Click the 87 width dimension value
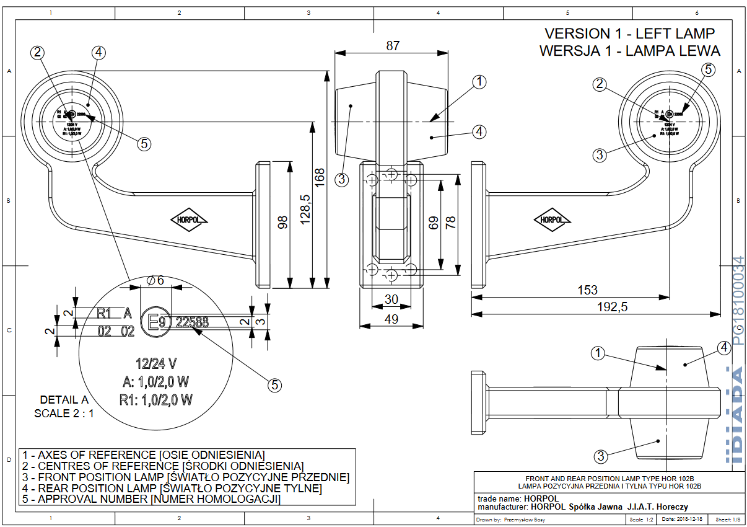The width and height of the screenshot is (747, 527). coord(392,45)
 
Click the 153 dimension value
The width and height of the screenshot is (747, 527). coord(587,290)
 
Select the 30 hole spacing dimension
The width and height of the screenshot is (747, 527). coord(391,299)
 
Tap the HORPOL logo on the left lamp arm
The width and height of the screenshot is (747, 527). coord(190,219)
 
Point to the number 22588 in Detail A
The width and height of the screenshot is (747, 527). coord(192,322)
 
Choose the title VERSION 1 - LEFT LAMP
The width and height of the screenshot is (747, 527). coord(629,33)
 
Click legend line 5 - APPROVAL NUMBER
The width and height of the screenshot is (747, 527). coord(151,499)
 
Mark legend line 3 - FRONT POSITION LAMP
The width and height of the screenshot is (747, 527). coord(185,477)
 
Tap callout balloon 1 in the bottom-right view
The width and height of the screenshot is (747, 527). coord(597,353)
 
